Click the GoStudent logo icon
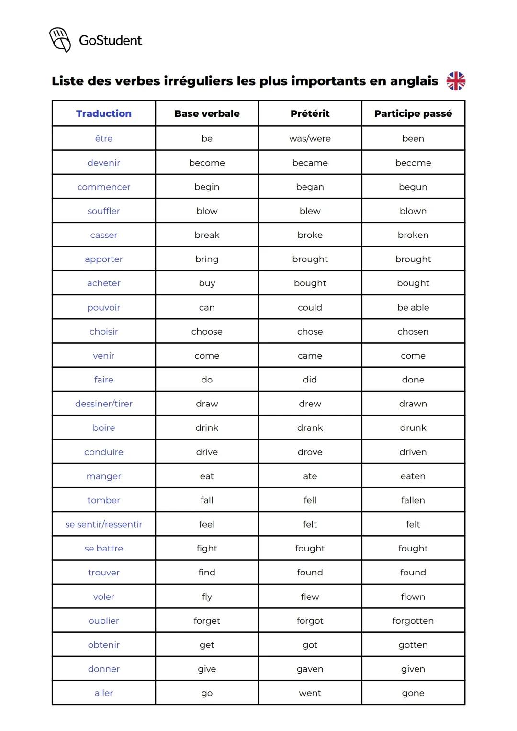pyautogui.click(x=60, y=40)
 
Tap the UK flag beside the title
pyautogui.click(x=456, y=81)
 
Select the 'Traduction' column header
pyautogui.click(x=104, y=113)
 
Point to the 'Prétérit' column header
pyautogui.click(x=310, y=113)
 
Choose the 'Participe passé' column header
pyautogui.click(x=413, y=113)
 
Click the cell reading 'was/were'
pyautogui.click(x=310, y=138)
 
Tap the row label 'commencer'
pyautogui.click(x=104, y=187)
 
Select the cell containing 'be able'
pyautogui.click(x=413, y=307)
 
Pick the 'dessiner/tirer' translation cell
pyautogui.click(x=104, y=404)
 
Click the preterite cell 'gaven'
pyautogui.click(x=310, y=669)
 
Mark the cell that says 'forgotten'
pyautogui.click(x=413, y=620)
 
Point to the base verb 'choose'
pyautogui.click(x=207, y=331)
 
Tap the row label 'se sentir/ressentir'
pyautogui.click(x=104, y=524)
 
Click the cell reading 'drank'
pyautogui.click(x=310, y=427)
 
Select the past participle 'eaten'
pyautogui.click(x=413, y=476)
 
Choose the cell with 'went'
pyautogui.click(x=310, y=693)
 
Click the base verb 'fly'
pyautogui.click(x=207, y=596)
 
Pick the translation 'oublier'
pyautogui.click(x=104, y=620)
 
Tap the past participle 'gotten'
pyautogui.click(x=413, y=645)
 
